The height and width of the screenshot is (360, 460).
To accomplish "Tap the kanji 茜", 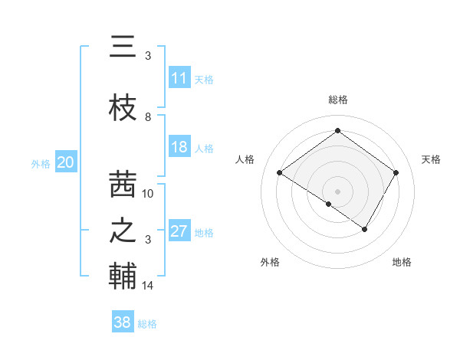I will (123, 184).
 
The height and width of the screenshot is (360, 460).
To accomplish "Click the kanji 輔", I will (123, 276).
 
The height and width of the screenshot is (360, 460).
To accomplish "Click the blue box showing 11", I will (179, 78).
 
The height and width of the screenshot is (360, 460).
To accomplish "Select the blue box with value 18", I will (179, 148).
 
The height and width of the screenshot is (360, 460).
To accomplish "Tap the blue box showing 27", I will (179, 232).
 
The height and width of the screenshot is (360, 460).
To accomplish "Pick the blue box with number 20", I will (66, 162).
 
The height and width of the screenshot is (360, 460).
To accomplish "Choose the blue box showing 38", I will (123, 323).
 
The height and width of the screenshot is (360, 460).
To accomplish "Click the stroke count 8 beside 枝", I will (148, 116).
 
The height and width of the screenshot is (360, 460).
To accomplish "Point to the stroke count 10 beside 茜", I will (148, 193).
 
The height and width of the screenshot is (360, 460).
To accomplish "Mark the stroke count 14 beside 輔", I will (148, 286).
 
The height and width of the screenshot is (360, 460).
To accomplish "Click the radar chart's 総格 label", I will (337, 100).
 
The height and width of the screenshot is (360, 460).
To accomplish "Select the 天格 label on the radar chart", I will (431, 159).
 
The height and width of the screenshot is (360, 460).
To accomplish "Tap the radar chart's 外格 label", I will (270, 262).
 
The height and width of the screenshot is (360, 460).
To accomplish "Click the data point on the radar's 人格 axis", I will (280, 173).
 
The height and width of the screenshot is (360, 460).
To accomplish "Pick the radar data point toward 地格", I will (365, 229).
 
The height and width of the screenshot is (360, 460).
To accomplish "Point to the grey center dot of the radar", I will (337, 191).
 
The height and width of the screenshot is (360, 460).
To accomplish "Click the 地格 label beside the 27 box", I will (204, 233).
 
